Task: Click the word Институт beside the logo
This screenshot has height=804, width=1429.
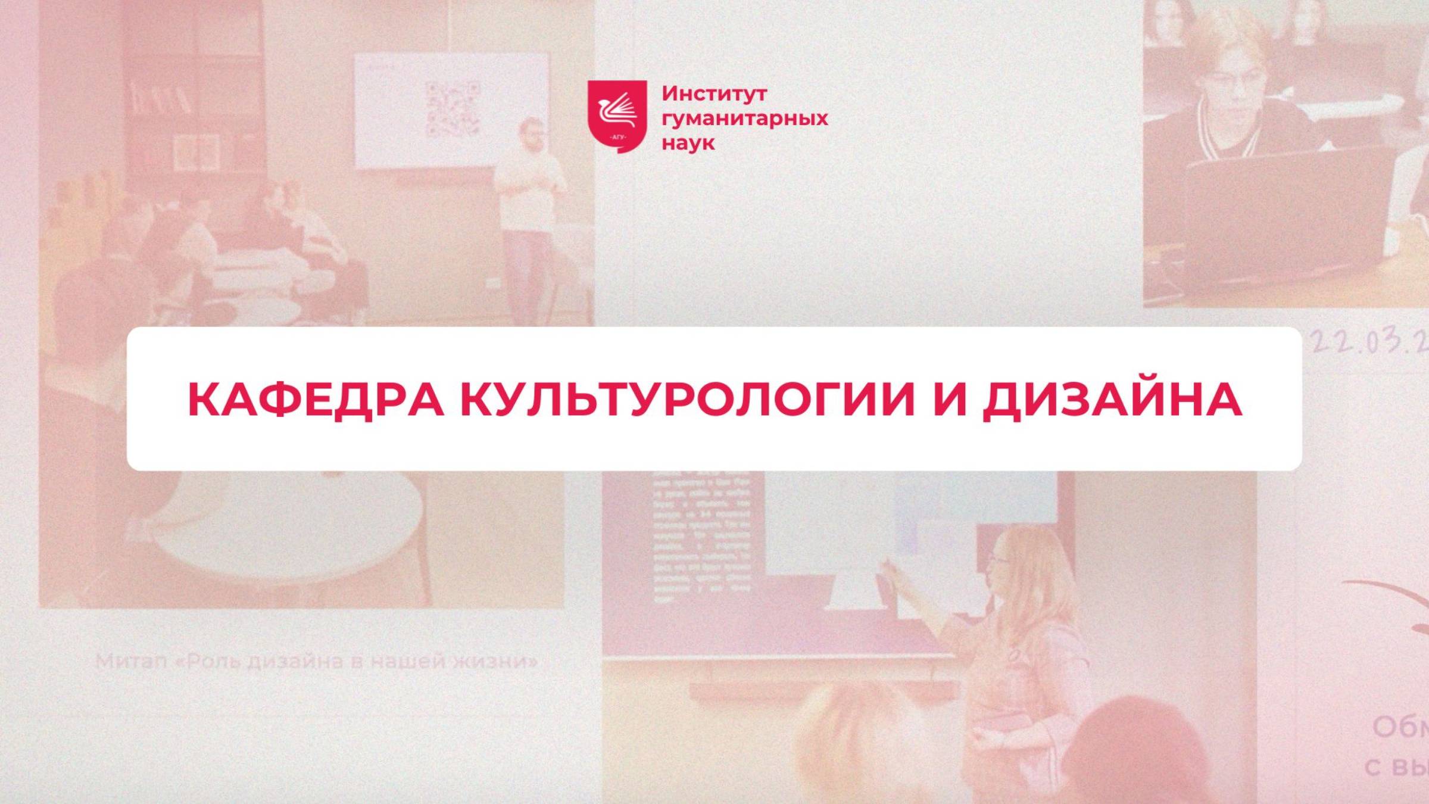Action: tap(714, 94)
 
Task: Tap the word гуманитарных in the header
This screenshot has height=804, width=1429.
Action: tap(745, 119)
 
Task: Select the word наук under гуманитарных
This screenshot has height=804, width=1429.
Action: tap(688, 144)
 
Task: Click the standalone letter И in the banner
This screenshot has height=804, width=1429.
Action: tap(949, 400)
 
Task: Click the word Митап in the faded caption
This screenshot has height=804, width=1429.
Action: tap(131, 661)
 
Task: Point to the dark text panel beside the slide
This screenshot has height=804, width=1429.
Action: tap(702, 536)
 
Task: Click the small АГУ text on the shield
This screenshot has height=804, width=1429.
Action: tap(618, 138)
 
